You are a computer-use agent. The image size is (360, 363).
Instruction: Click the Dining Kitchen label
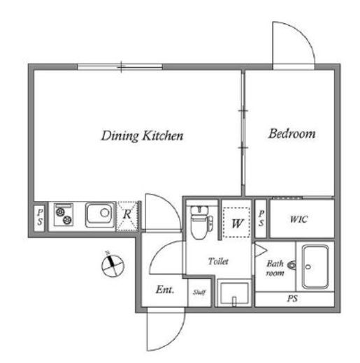click(x=142, y=136)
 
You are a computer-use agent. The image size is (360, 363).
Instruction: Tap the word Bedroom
click(x=292, y=133)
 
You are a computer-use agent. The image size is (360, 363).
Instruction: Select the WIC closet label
click(x=299, y=219)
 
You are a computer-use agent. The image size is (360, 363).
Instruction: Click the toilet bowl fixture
click(x=201, y=222)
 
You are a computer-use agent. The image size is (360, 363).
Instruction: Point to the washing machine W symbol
click(x=237, y=223)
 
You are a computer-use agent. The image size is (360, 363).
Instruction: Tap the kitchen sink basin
click(x=100, y=215)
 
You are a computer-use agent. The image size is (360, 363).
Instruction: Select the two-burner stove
click(x=64, y=214)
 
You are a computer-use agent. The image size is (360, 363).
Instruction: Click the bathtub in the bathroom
click(x=315, y=267)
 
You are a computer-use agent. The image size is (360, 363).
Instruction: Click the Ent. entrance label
click(x=165, y=290)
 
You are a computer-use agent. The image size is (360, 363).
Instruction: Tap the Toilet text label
click(x=218, y=261)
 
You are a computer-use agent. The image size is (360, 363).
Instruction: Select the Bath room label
click(x=275, y=268)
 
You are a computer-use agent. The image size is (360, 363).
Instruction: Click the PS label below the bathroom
click(x=292, y=299)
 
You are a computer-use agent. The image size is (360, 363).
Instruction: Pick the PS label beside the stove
click(x=40, y=217)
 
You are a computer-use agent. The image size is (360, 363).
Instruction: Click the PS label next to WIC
click(x=261, y=218)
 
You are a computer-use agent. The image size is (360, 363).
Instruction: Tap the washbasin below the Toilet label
click(x=234, y=293)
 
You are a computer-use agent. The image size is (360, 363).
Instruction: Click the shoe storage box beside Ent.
click(x=199, y=292)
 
